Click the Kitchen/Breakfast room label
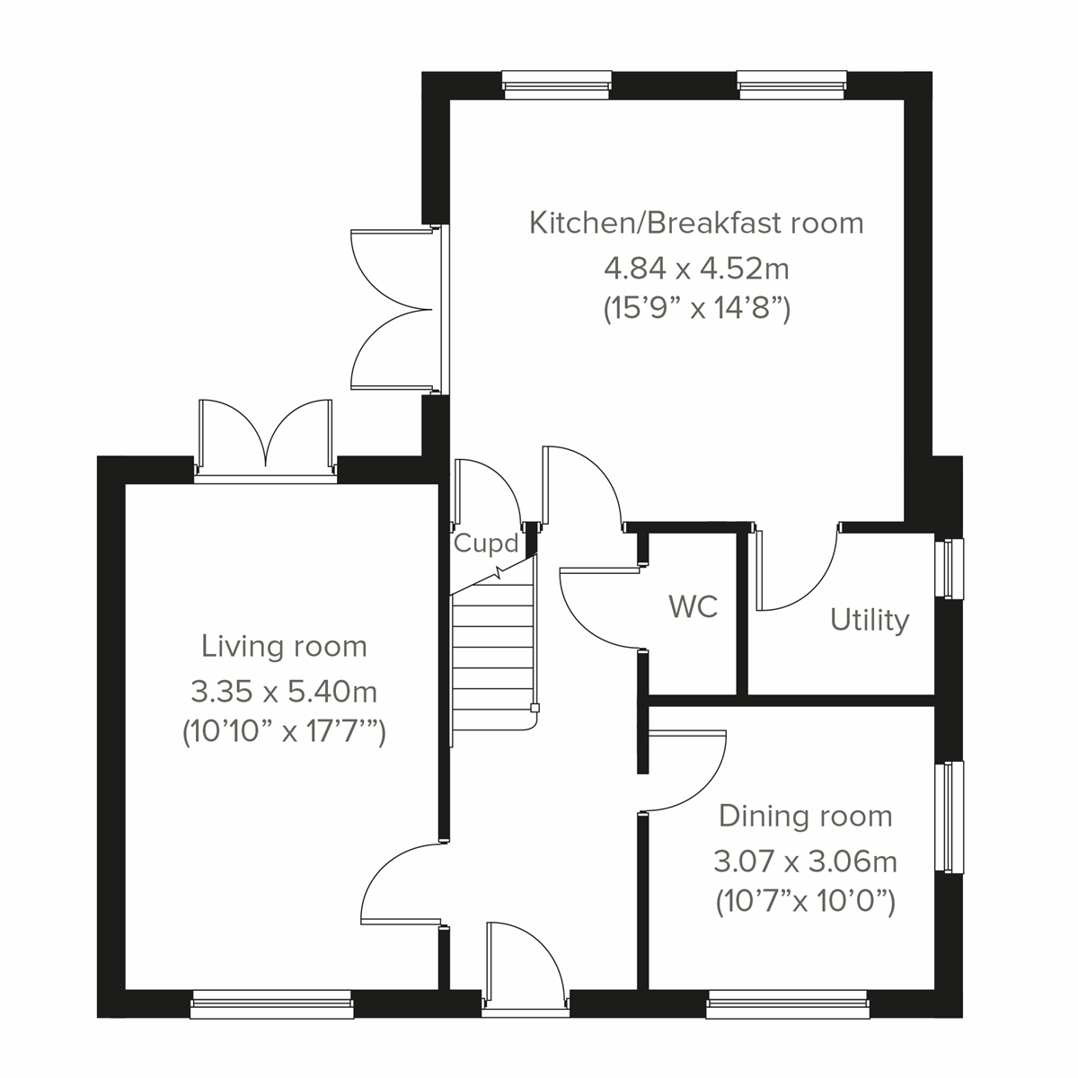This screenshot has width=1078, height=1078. [696, 223]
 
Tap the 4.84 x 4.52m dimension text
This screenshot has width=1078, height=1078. [696, 267]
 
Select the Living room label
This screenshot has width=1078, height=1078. [284, 646]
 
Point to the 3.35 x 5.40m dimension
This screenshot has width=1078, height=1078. [284, 691]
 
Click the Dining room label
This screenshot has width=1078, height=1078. [806, 816]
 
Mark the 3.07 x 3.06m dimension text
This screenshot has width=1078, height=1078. [806, 862]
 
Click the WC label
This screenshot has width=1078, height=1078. [694, 606]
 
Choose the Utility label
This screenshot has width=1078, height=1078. [869, 620]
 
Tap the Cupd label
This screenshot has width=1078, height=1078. [486, 543]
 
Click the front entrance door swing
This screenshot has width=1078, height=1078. [524, 961]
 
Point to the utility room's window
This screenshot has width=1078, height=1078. [950, 568]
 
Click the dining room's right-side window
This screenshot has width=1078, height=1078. [950, 817]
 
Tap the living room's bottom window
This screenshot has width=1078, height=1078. [271, 1004]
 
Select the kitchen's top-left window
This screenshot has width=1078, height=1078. [557, 85]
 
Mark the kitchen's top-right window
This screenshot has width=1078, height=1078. [791, 85]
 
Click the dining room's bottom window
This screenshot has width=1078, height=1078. [787, 1004]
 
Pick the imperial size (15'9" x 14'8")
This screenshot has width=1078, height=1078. [696, 310]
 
